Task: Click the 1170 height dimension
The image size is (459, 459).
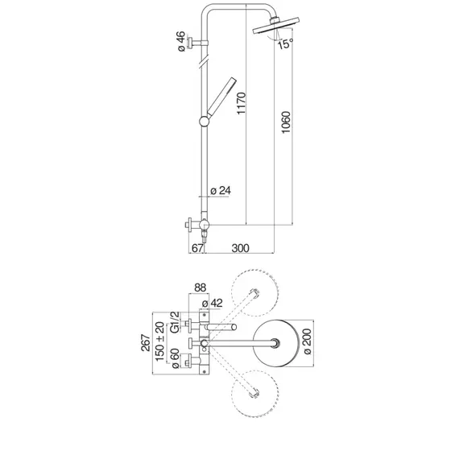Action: coord(242,103)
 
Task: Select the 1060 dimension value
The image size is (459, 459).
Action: coord(286,122)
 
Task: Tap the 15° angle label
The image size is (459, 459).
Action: coord(285,43)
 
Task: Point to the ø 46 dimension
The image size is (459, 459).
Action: coord(181,41)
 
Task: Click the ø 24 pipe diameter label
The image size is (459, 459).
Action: coord(221,191)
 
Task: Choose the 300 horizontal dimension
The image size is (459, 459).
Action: coord(240,248)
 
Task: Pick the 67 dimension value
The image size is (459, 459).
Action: coord(197,248)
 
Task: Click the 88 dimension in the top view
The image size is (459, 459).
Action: coord(201,287)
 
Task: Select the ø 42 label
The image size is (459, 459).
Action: coord(213,303)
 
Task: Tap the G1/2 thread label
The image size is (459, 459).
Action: coord(175,322)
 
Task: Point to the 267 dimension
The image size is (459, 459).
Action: coord(146,342)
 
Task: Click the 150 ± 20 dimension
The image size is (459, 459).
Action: coord(159,341)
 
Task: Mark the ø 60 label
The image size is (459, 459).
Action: coord(175,358)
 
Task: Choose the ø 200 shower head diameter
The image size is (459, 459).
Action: coord(307,341)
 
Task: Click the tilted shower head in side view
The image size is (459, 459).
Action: coord(275,26)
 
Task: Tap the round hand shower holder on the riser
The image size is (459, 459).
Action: coord(204,121)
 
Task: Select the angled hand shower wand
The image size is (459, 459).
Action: coord(221,97)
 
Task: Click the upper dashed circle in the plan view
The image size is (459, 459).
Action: coord(254,293)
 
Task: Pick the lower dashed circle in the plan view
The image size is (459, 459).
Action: coord(254,393)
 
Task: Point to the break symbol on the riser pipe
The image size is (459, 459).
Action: coord(204,62)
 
